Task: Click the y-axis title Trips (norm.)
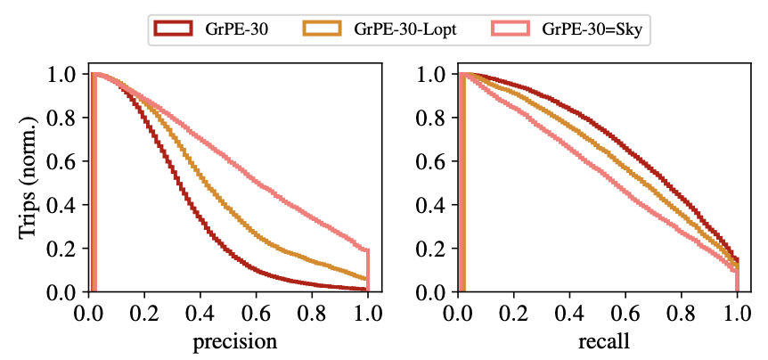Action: pos(29,183)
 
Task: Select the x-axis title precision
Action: pos(229,341)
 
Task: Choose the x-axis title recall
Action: pos(599,341)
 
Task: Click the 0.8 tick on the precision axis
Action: pos(312,313)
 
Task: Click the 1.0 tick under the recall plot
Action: pos(738,313)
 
